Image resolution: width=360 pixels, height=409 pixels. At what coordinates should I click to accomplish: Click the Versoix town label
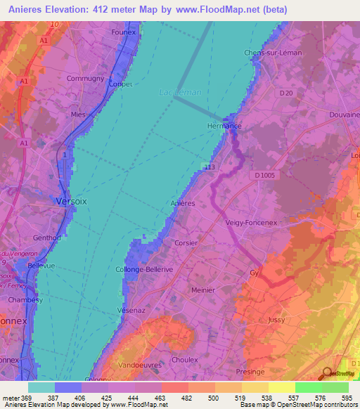[x=72, y=201]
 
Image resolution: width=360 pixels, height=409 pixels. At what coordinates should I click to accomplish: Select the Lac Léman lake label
[x=179, y=92]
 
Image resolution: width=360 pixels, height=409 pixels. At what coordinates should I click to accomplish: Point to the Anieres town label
[x=183, y=203]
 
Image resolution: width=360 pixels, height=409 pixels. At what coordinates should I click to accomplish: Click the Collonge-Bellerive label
[x=143, y=269]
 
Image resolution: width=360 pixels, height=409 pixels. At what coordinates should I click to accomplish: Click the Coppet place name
[x=121, y=84]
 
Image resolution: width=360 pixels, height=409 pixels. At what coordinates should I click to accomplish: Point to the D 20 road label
[x=285, y=92]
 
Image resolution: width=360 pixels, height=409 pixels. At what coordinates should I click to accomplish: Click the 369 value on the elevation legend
[x=20, y=398]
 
